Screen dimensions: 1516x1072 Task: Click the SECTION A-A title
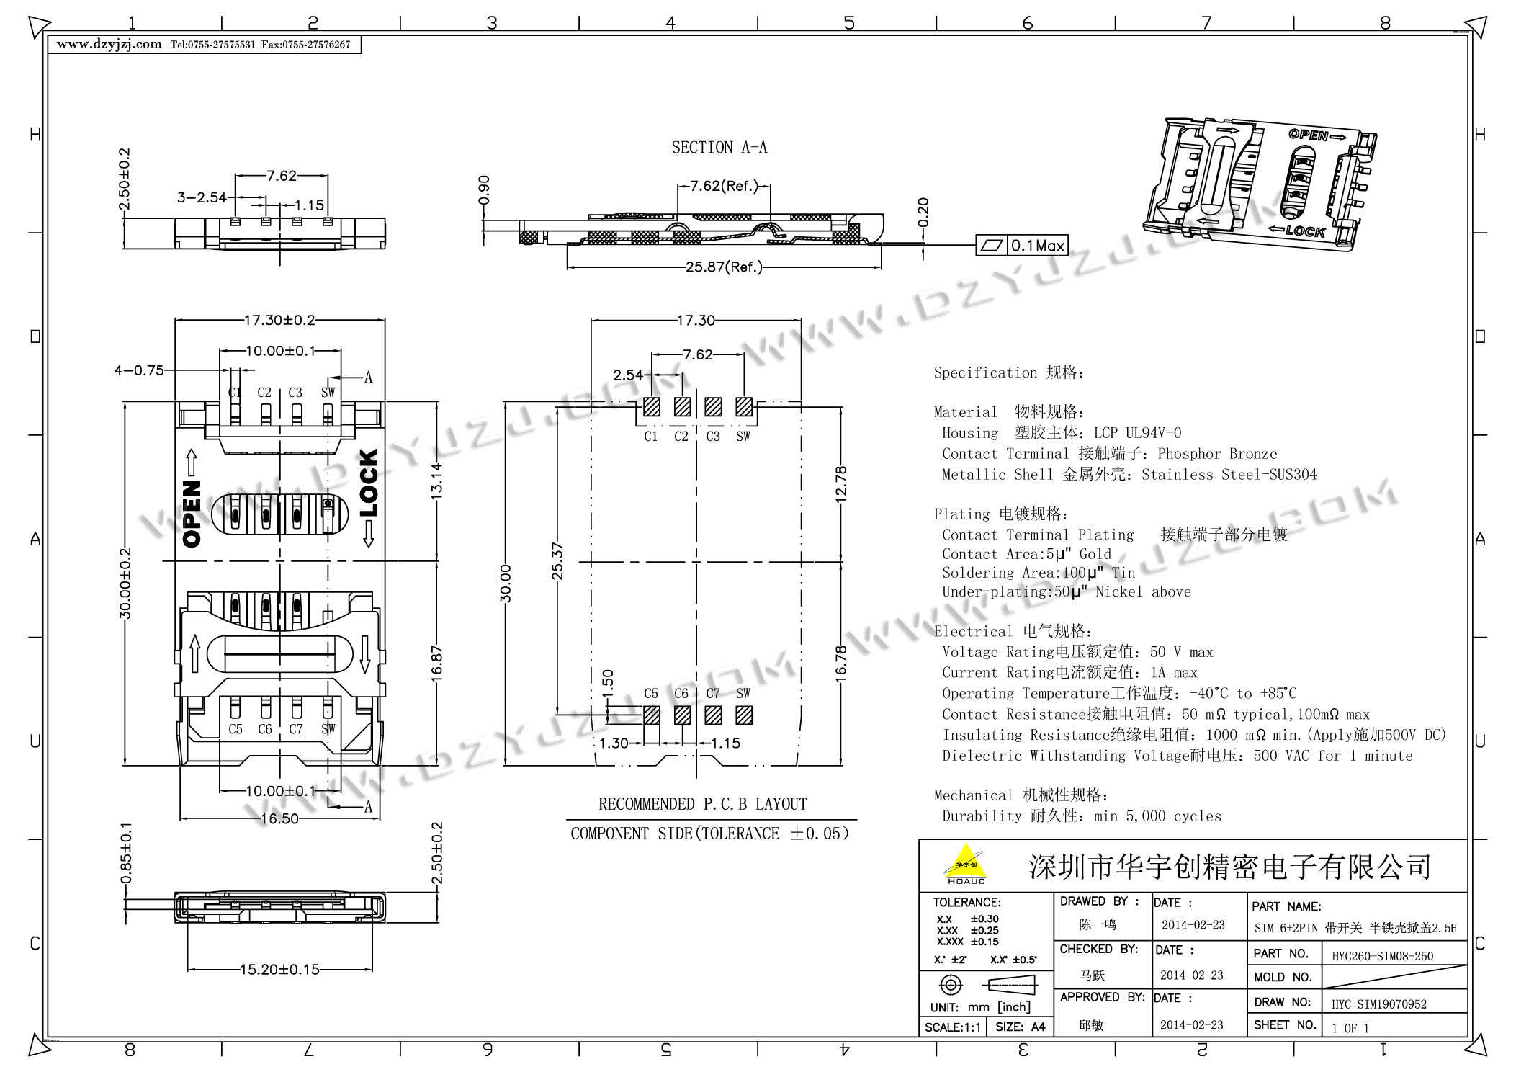719,148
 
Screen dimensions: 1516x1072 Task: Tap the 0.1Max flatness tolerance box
1021,246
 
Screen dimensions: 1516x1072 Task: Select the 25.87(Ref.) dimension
724,267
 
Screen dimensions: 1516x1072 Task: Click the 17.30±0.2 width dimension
279,320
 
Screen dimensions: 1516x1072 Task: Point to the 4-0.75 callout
139,370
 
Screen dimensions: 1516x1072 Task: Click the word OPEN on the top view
192,514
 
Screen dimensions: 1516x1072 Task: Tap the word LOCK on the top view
368,483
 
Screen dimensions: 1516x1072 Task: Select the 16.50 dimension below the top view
279,818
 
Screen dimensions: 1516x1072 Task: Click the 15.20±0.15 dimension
279,970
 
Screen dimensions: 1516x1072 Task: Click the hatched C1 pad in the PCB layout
651,407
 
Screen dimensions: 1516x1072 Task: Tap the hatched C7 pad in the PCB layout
713,715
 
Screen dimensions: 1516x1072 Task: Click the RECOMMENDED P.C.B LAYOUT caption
703,804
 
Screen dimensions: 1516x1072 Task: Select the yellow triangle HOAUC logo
966,865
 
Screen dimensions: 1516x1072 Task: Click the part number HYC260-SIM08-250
1382,957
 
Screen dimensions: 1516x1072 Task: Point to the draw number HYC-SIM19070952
1378,1004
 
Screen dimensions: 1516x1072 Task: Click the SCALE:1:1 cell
953,1027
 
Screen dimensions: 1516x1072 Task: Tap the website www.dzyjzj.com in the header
109,44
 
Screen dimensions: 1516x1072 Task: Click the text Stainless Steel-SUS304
1229,475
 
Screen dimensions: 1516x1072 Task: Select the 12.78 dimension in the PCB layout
840,483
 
